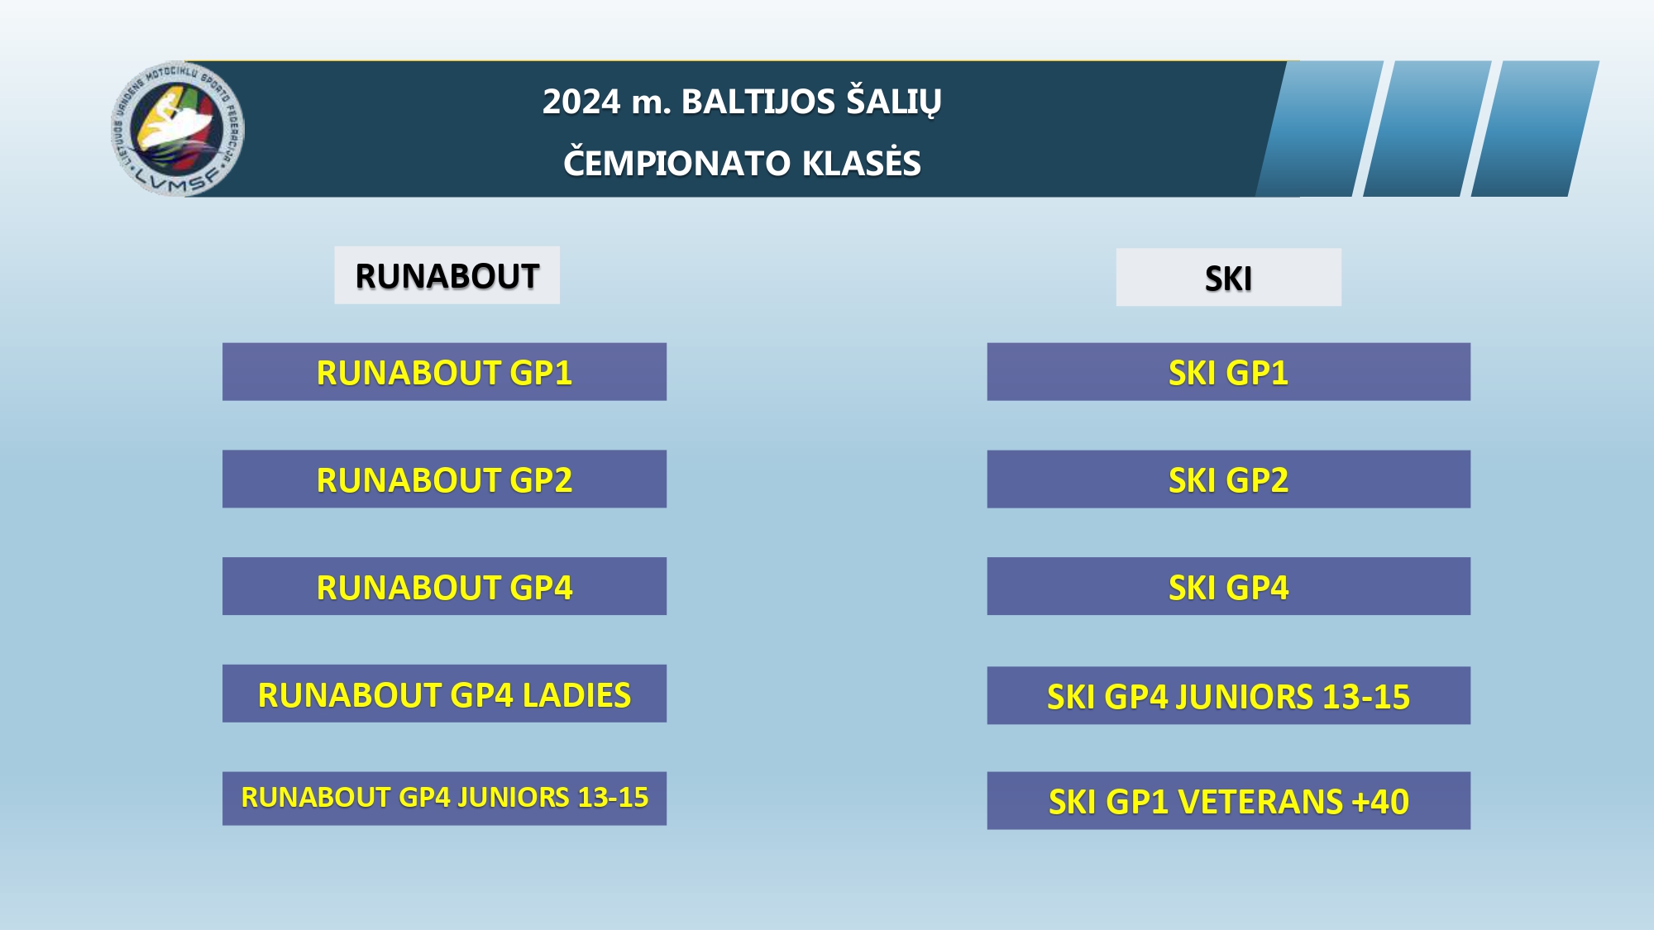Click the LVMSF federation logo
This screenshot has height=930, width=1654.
pos(178,129)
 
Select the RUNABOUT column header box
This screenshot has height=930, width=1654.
pos(447,275)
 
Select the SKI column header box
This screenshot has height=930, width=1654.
pos(1228,278)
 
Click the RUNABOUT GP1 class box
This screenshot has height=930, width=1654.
pos(444,372)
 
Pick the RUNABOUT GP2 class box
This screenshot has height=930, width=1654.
pos(444,479)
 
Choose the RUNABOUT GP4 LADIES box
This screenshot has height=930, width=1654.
pos(444,694)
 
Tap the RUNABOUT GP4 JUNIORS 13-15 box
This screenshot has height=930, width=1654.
pos(444,798)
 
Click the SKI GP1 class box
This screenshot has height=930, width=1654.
pos(1228,372)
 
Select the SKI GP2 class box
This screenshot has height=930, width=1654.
pos(1228,479)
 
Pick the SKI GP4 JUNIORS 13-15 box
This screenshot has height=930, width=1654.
pos(1228,696)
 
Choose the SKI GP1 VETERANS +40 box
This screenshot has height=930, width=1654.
pos(1228,801)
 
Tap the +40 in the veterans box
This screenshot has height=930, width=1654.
pos(1380,802)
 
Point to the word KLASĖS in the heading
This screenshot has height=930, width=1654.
pos(862,162)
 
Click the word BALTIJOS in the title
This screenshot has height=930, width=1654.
pos(758,102)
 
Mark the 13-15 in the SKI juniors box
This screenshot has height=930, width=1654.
pos(1366,697)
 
